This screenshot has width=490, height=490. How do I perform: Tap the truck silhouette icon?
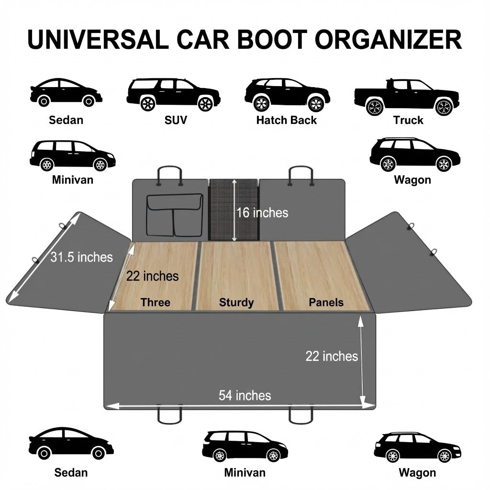(x=406, y=96)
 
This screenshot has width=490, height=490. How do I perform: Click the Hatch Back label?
(x=286, y=120)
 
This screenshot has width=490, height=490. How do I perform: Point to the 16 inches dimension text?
(x=262, y=212)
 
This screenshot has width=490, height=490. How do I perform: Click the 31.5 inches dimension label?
(x=81, y=257)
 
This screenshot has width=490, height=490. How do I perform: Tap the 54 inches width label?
(x=245, y=396)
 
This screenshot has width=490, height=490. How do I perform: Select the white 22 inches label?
(x=332, y=356)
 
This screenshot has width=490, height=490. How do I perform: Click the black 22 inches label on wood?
(x=152, y=276)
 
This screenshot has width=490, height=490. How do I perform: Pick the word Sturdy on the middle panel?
(x=236, y=302)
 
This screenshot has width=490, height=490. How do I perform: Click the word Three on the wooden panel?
(x=155, y=302)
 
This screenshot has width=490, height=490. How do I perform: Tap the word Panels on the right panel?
(x=326, y=302)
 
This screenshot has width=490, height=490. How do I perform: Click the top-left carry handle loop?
(x=169, y=175)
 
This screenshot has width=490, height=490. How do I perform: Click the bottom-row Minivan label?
(x=245, y=473)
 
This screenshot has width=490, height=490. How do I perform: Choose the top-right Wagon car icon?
(x=415, y=155)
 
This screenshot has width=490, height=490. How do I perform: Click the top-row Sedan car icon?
(x=66, y=93)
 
